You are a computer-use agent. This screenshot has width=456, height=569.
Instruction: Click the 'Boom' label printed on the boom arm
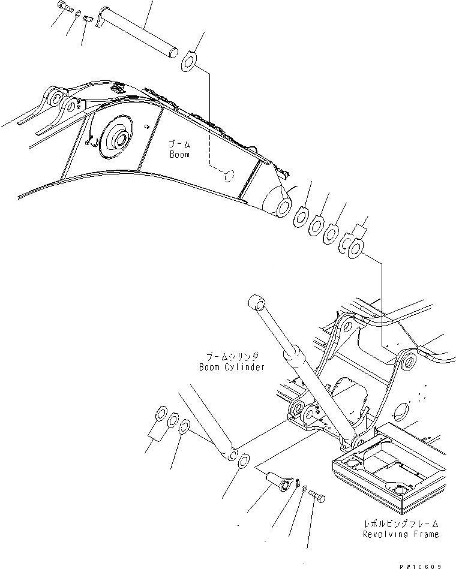(179, 154)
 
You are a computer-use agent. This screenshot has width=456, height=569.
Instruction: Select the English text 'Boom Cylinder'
(232, 367)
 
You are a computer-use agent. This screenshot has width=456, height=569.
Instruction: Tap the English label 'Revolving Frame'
(400, 534)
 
